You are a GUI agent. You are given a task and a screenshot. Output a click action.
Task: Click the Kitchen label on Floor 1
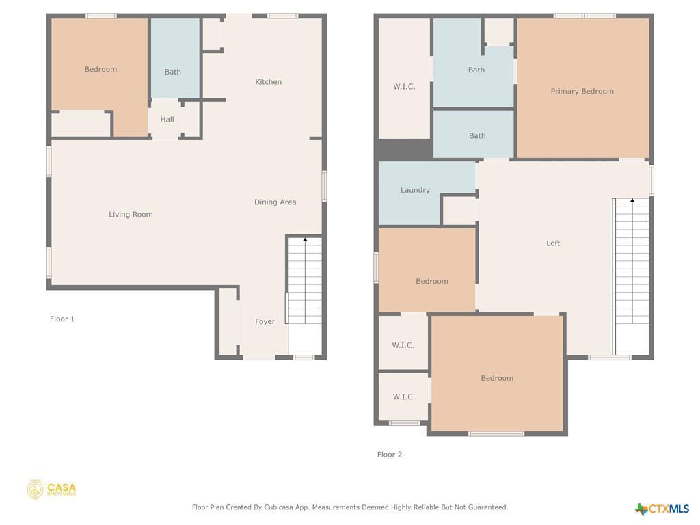268,82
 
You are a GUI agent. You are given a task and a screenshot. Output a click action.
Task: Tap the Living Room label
131,214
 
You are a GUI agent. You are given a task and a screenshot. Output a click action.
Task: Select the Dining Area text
275,202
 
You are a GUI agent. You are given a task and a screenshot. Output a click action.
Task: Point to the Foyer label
265,321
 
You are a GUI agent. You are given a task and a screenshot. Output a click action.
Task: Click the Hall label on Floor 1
167,119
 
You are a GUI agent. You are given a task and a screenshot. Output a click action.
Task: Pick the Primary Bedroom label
582,91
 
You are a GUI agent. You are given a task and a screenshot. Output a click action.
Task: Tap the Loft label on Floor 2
552,243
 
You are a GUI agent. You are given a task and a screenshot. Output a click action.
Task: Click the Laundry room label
415,190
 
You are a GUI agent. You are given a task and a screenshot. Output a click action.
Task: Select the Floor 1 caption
62,319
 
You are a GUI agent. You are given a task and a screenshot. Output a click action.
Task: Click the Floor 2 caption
389,455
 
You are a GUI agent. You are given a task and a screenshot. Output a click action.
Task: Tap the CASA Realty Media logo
51,489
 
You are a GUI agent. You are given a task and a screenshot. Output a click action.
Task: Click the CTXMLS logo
662,509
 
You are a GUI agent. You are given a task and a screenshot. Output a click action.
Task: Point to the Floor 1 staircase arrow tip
305,239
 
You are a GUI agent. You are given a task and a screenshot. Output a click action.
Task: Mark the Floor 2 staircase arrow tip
632,200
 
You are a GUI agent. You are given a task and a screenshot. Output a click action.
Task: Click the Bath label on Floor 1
172,72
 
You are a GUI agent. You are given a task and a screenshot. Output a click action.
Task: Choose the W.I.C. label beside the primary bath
404,87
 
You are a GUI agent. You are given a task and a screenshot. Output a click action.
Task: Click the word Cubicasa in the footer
279,507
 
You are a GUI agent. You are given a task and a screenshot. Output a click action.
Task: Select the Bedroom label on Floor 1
100,69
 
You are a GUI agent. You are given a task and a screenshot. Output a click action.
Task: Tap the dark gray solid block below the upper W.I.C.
405,149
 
